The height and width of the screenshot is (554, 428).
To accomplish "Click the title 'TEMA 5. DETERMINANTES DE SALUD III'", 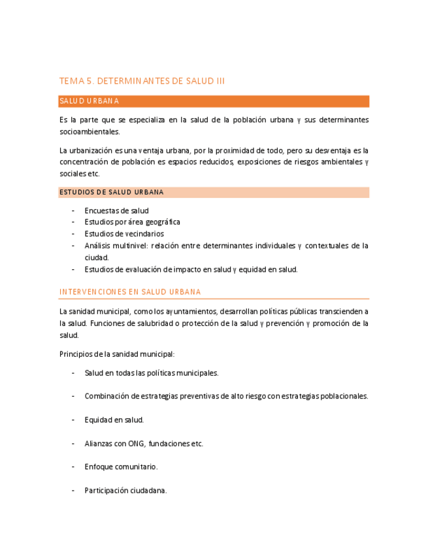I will (x=142, y=81).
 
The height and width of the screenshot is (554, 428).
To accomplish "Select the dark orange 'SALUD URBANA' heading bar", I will (x=214, y=101).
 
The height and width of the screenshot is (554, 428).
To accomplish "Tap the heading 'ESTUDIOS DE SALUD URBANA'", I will (x=111, y=192).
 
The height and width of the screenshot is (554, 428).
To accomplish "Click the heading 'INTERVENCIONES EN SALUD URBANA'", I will (x=130, y=291).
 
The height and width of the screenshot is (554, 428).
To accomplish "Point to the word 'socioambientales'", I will (x=90, y=131).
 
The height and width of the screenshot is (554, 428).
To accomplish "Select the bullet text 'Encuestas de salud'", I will (x=116, y=211).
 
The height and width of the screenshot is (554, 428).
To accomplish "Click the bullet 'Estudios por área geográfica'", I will (x=132, y=222).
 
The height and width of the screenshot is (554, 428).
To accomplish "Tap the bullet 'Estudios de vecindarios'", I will (x=123, y=234).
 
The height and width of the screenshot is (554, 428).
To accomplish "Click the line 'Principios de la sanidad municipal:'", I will (x=116, y=354).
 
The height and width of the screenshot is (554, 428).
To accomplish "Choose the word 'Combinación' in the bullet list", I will (x=107, y=396).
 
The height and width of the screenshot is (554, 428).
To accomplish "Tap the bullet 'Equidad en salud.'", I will (x=114, y=420).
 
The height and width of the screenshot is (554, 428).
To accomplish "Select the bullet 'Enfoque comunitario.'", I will (x=121, y=467).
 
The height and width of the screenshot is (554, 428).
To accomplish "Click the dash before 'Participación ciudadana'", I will (x=73, y=491).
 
